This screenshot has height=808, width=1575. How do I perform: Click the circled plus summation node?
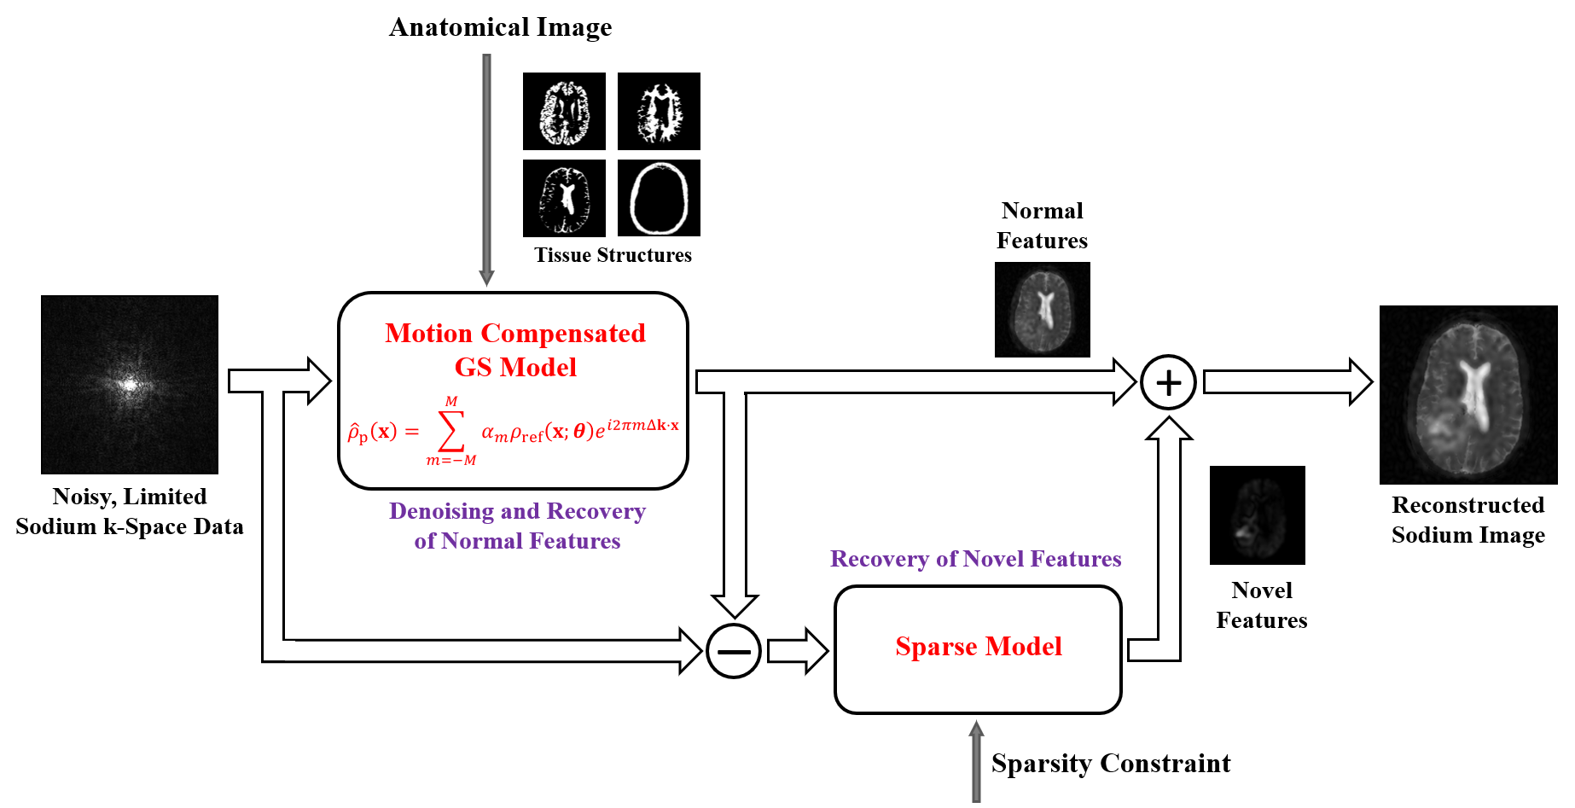pos(1168,382)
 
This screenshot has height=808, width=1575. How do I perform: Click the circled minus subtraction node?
pos(734,651)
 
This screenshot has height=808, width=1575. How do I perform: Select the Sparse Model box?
pos(978,648)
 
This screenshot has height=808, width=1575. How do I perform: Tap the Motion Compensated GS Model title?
pos(515,350)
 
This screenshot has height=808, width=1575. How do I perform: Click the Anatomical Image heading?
pos(501,27)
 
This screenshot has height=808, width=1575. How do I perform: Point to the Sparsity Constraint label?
pos(1111,763)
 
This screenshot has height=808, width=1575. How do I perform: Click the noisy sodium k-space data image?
pos(130,385)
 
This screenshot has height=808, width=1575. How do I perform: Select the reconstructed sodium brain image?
pos(1468,395)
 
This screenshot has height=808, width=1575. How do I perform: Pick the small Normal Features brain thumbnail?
pos(1043,310)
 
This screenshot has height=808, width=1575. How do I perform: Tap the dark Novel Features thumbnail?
pos(1258,515)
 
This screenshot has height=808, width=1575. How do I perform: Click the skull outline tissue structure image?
pos(659,198)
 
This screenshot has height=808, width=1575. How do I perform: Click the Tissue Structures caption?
pos(613,255)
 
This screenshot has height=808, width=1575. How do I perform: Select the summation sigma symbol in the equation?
pos(451,431)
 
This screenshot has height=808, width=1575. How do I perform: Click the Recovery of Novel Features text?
pos(975,559)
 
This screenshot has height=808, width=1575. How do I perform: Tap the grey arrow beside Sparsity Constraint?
pos(976,761)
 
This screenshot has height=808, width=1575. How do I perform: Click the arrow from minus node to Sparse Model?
pos(797,651)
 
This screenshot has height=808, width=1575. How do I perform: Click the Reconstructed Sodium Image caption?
pos(1468,520)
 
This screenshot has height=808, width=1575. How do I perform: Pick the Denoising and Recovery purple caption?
pos(517,526)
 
